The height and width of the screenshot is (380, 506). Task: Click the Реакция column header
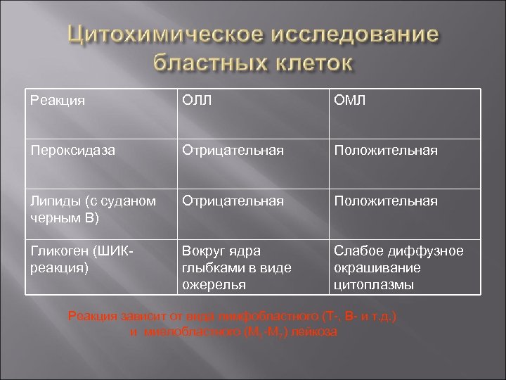click(57, 100)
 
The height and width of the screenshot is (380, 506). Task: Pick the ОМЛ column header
click(350, 100)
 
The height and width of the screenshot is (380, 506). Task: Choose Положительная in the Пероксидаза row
click(385, 150)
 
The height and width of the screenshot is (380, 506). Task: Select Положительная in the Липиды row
click(385, 201)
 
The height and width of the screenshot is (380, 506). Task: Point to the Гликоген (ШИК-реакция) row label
click(77, 260)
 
